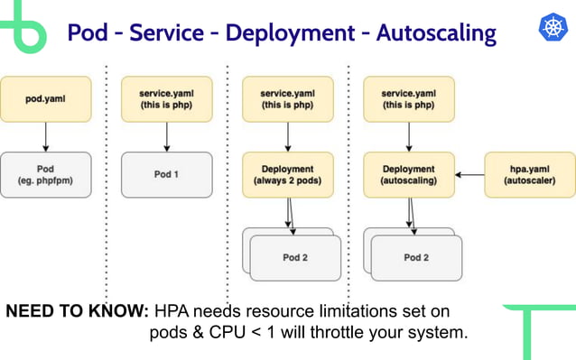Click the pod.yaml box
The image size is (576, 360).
(x=45, y=98)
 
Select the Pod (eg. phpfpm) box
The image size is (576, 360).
(x=45, y=174)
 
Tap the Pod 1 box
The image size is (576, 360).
(x=166, y=174)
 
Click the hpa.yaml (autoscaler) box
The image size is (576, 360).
(x=530, y=174)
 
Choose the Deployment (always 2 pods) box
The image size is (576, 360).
(x=288, y=174)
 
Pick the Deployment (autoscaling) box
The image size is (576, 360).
(x=409, y=174)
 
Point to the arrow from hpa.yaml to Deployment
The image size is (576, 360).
(x=469, y=174)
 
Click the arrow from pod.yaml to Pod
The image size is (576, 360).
(x=45, y=136)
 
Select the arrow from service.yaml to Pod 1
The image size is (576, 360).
(x=166, y=136)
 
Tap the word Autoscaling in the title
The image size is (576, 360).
(x=436, y=33)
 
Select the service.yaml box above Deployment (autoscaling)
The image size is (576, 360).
(x=409, y=98)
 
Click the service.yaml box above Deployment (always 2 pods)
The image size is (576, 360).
(x=288, y=98)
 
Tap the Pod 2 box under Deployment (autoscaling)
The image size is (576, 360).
(x=415, y=258)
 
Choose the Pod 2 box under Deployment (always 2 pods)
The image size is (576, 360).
(x=295, y=258)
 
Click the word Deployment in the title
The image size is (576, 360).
(x=288, y=33)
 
